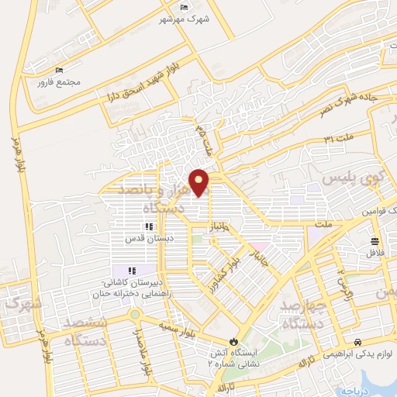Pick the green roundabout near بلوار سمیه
(x=136, y=316)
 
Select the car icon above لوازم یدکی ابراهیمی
(x=357, y=342)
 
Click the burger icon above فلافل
(x=375, y=240)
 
